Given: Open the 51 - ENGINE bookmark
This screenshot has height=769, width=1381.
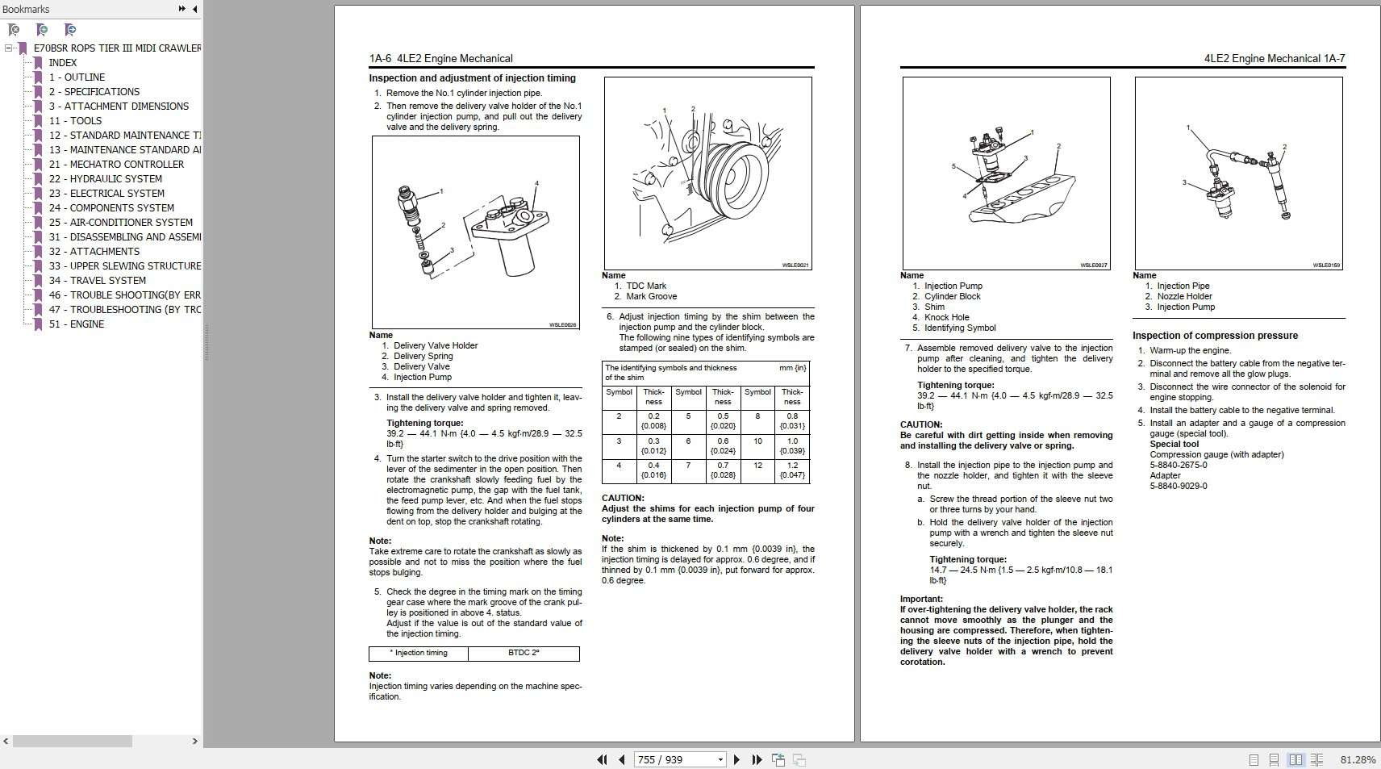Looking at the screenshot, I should [x=76, y=324].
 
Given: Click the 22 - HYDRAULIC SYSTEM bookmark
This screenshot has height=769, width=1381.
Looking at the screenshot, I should [x=105, y=179].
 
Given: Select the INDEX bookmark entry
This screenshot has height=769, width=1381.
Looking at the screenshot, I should [x=62, y=63].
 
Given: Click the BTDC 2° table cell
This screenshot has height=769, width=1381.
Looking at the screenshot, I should [x=524, y=654].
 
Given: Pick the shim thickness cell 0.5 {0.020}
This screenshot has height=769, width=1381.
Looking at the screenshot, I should [x=723, y=421].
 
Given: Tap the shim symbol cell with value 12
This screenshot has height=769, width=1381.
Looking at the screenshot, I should [x=757, y=466].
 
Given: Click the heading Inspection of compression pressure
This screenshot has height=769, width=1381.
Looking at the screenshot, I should [x=1215, y=336].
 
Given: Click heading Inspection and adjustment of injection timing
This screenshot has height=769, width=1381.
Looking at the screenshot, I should [x=472, y=78].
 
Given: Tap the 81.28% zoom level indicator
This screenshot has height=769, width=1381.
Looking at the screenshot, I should [x=1358, y=759].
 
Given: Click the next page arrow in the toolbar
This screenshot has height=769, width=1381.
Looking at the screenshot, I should [x=736, y=759].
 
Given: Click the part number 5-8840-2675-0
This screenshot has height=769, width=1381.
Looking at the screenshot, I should [x=1178, y=465].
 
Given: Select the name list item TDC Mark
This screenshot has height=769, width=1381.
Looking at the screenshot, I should [x=645, y=286].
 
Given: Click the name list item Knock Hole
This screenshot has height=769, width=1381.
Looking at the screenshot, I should [x=946, y=317].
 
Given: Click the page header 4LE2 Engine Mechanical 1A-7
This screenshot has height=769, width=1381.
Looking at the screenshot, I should [x=1274, y=58].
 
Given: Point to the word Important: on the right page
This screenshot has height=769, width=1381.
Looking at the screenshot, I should [x=921, y=599].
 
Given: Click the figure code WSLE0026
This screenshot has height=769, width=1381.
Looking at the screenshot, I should [x=562, y=324].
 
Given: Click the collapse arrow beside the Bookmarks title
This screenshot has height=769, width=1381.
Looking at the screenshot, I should [x=195, y=9].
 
